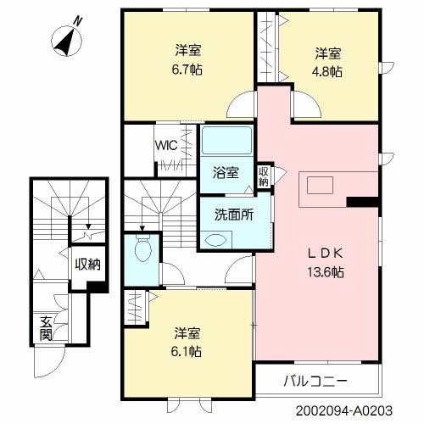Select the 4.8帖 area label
tap(326, 73)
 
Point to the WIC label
tap(165, 144)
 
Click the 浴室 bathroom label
tap(226, 173)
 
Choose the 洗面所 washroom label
tap(233, 215)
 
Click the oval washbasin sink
tap(216, 240)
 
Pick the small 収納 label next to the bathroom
tap(264, 175)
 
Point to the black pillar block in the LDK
tap(362, 202)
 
